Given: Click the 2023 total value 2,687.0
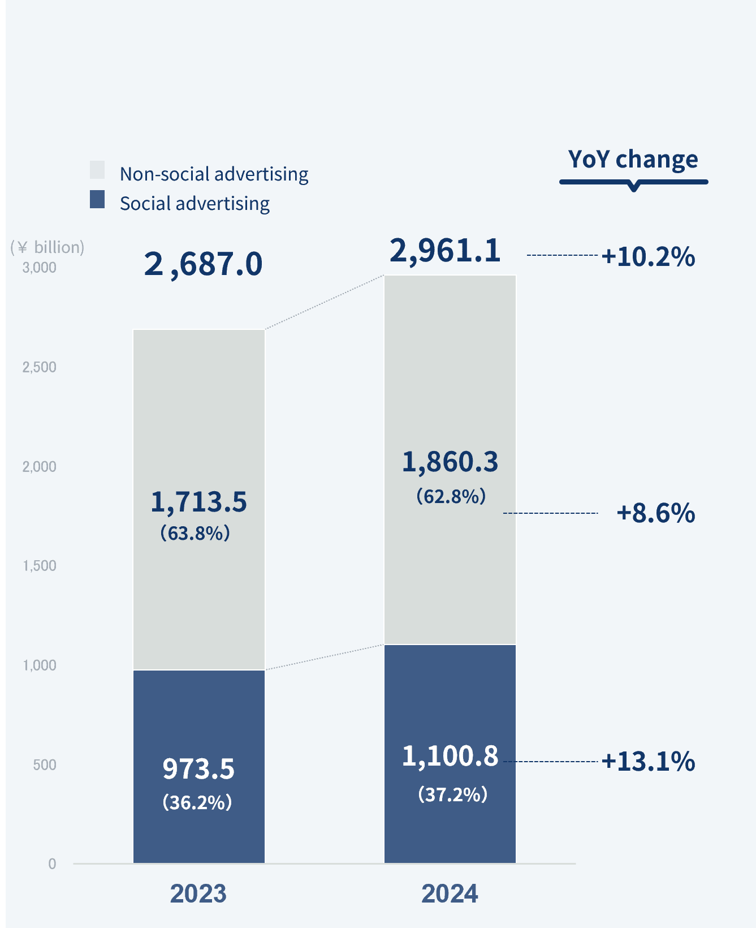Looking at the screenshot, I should tap(203, 264).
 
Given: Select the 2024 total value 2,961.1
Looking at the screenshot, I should tap(445, 251).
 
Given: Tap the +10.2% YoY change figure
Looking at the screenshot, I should tap(648, 256).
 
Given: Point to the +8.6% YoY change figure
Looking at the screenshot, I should tap(655, 513).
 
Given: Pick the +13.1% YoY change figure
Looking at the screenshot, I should tap(648, 762).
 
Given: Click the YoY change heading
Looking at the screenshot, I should tap(633, 160).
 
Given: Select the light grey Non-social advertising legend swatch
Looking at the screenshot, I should tap(97, 170).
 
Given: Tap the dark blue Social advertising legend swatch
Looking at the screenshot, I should tap(97, 199).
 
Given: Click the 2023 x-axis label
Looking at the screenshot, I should tap(198, 894).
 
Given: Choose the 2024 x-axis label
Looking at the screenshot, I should tap(450, 894).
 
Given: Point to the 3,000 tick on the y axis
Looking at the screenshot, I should tap(40, 268).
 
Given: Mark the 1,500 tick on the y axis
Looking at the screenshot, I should tap(40, 566).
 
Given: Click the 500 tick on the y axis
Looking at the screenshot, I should tap(45, 765).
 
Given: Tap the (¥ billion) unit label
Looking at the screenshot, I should tap(47, 247).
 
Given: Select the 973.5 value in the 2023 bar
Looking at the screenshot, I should tap(198, 769).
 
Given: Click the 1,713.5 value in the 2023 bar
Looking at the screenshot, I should tap(198, 502).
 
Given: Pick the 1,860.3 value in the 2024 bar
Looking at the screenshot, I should tap(450, 462).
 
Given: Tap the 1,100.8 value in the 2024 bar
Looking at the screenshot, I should tap(450, 757).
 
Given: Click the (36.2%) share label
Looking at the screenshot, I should tap(197, 802).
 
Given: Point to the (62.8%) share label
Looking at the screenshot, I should tap(451, 497).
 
